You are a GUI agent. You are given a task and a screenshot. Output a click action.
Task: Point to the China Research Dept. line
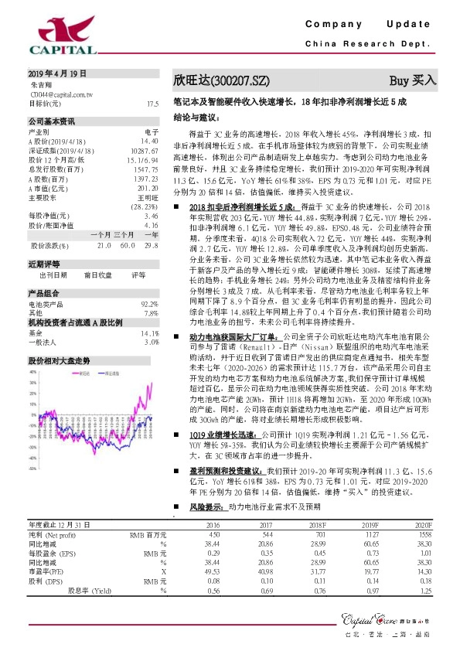[371, 46]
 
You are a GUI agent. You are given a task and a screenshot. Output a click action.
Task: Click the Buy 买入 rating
[413, 80]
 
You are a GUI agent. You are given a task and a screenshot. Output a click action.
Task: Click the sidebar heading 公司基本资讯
[52, 121]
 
